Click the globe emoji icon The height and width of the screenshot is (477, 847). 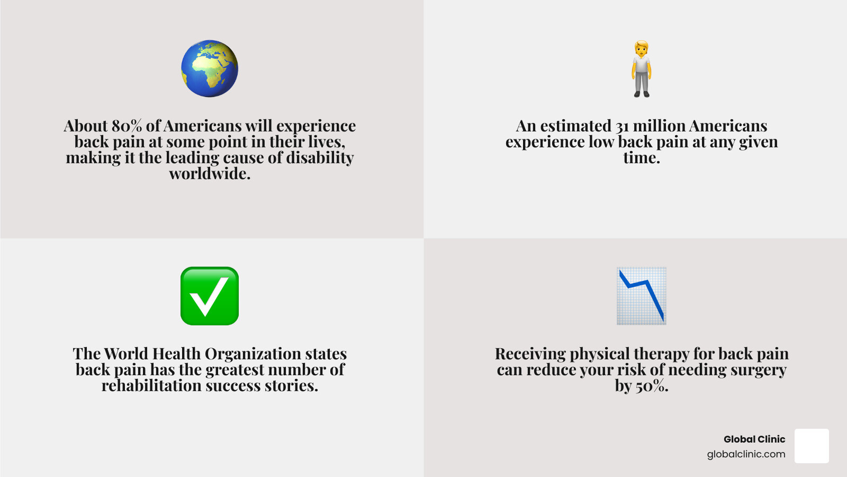coord(210,68)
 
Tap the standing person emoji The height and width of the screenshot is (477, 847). coord(641,68)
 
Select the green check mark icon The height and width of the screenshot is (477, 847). coord(210,296)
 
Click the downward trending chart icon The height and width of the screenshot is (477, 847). coord(642,296)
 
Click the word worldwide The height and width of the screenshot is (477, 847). coord(210,174)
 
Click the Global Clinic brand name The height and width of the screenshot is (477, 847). coord(754,439)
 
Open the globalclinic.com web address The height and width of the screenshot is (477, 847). coord(746,454)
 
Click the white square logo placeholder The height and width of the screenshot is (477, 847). coord(812,446)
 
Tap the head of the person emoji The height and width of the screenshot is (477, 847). coord(641,48)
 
